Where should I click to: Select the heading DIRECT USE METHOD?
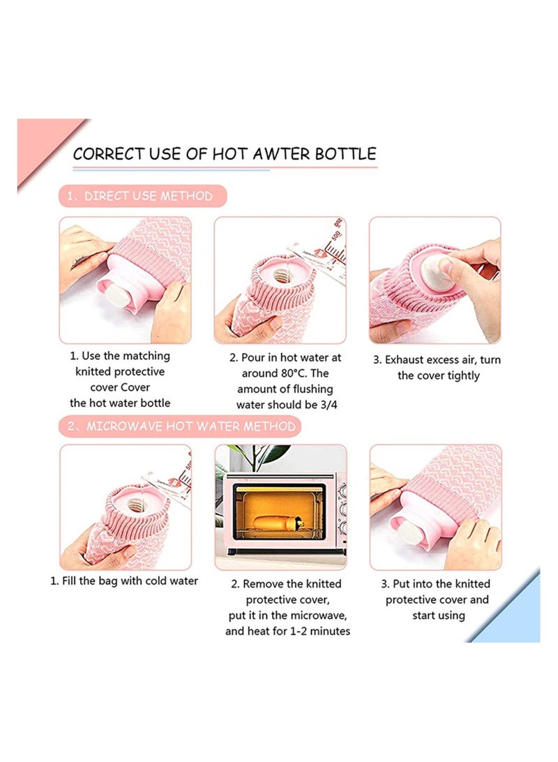pos(148,196)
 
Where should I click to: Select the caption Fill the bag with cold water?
pos(130,581)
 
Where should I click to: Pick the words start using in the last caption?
pos(438,615)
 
